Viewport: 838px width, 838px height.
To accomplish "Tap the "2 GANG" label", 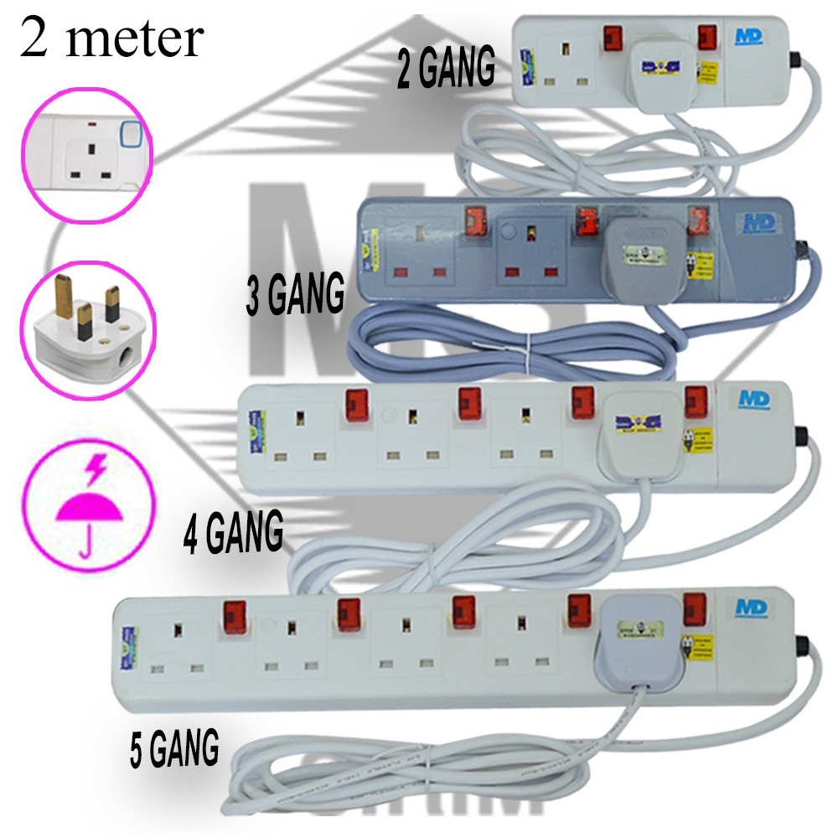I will (x=446, y=72).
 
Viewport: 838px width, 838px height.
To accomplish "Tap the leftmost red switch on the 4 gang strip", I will (x=354, y=404).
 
